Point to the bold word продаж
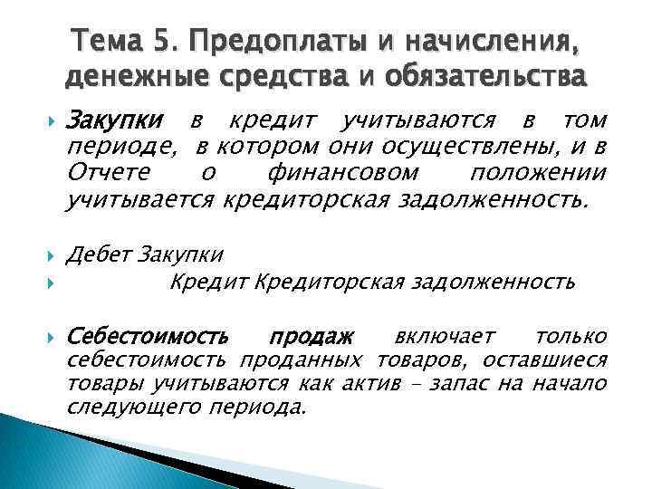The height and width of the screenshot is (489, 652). (312, 337)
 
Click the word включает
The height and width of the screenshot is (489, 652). (438, 337)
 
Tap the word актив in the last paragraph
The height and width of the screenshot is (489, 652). (370, 384)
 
